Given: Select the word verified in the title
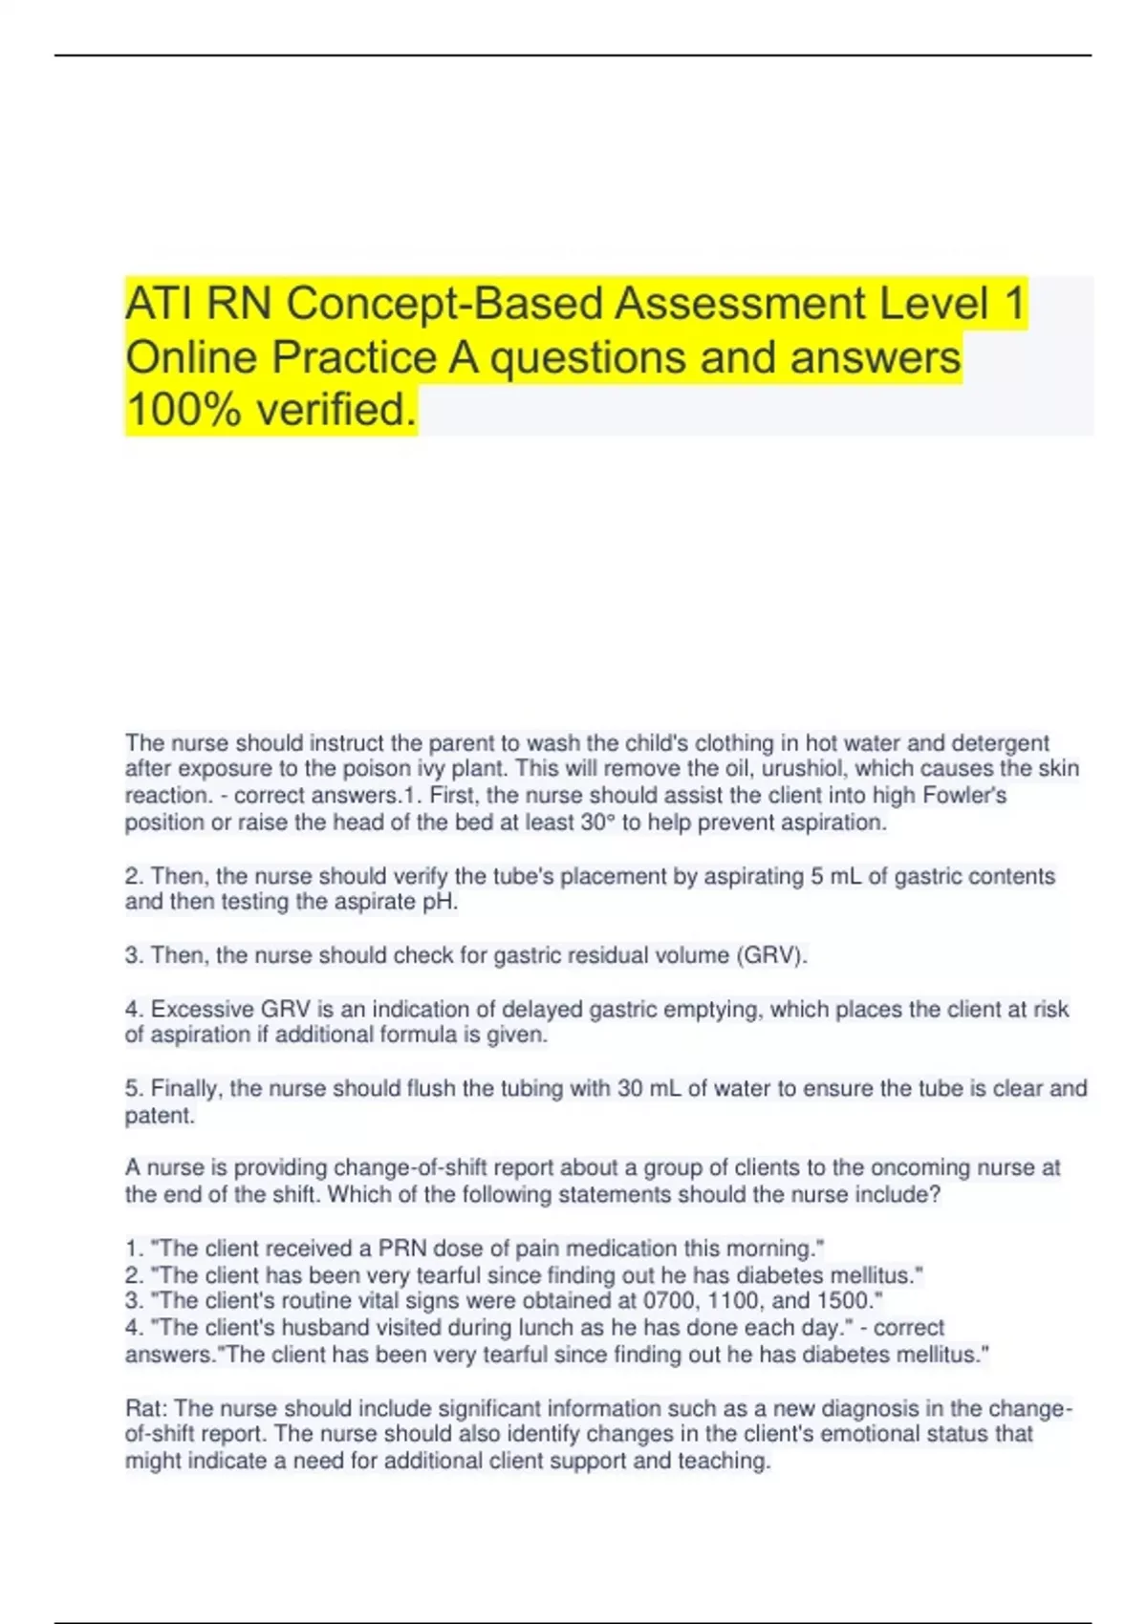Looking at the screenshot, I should point(336,410).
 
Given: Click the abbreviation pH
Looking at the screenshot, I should point(440,902).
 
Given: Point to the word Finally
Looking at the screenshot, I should point(186,1088).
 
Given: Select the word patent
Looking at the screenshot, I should point(159,1115).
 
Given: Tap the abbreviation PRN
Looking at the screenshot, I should point(402,1248).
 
